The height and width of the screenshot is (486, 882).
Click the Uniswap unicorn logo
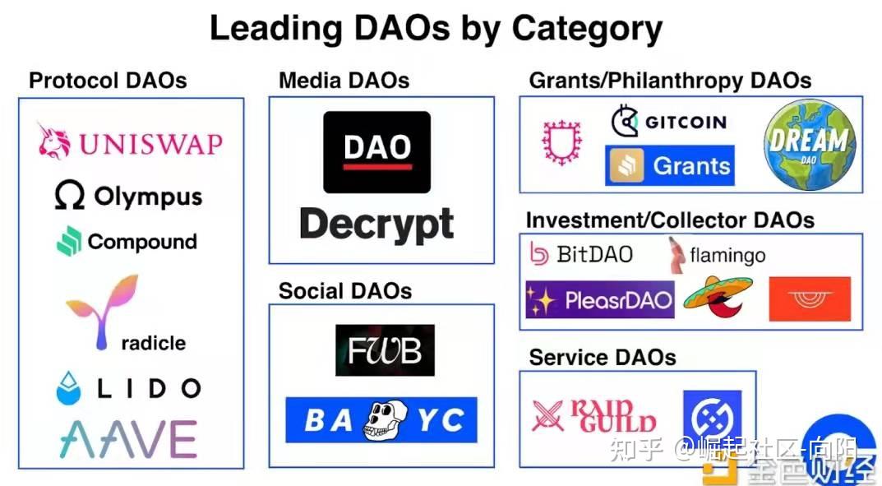54,141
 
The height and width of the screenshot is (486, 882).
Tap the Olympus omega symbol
70,196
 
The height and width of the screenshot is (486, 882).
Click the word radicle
153,343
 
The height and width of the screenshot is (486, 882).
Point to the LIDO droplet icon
69,388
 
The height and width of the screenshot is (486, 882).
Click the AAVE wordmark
128,438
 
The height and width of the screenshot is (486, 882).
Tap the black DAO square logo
376,152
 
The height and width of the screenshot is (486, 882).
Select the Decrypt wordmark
376,224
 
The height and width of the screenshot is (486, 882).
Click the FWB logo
385,350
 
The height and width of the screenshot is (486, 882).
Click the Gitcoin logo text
685,123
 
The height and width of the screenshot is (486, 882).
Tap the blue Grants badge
669,166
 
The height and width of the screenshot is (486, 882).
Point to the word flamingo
727,256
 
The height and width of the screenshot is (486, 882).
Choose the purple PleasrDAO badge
599,299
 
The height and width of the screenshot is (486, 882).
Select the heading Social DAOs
344,290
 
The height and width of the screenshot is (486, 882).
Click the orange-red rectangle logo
810,299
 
